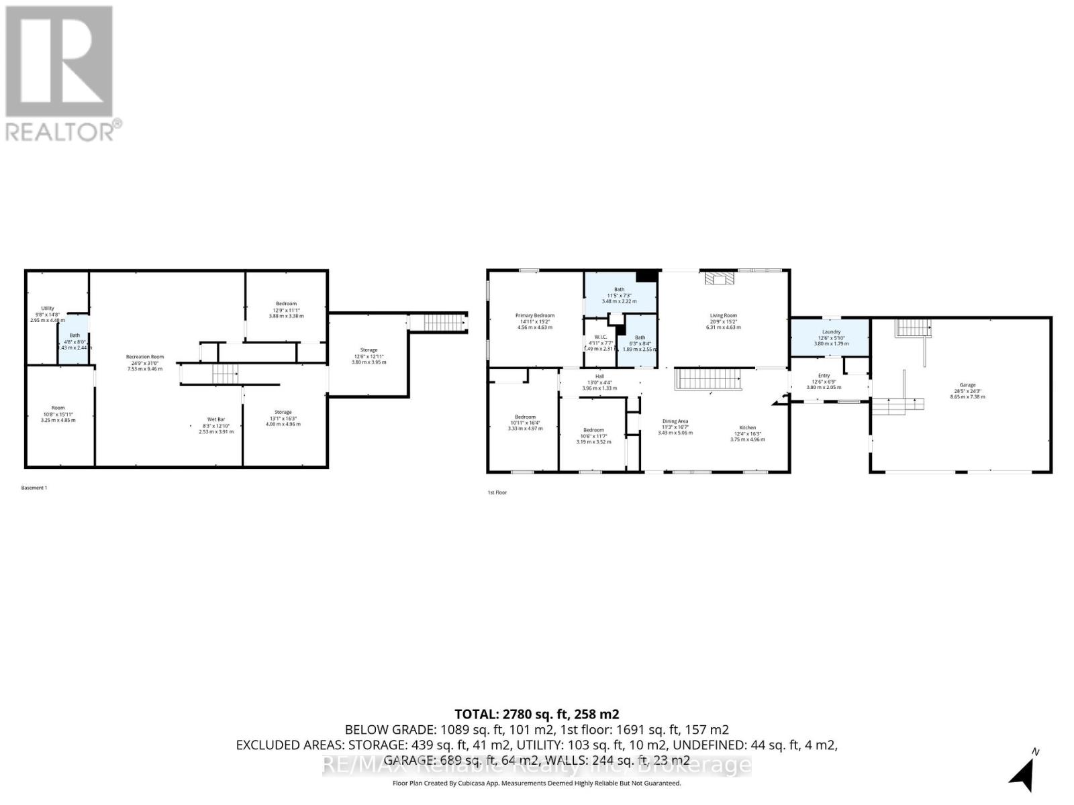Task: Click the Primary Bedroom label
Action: pyautogui.click(x=535, y=315)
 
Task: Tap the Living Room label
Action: pyautogui.click(x=724, y=315)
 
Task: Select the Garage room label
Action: pyautogui.click(x=967, y=385)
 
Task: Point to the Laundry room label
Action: pyautogui.click(x=831, y=332)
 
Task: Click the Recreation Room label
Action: pyautogui.click(x=145, y=357)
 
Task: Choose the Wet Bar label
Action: pyautogui.click(x=216, y=419)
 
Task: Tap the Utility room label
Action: pyautogui.click(x=47, y=309)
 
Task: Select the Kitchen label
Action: pyautogui.click(x=748, y=427)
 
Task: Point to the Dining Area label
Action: pyautogui.click(x=675, y=421)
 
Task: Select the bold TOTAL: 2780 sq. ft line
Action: pyautogui.click(x=536, y=714)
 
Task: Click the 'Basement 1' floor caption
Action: pyautogui.click(x=34, y=488)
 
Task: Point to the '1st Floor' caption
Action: pyautogui.click(x=497, y=492)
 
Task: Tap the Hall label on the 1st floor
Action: pyautogui.click(x=599, y=376)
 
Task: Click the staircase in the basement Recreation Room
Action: pyautogui.click(x=226, y=374)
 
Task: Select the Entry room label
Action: pyautogui.click(x=824, y=376)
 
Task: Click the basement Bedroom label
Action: pyautogui.click(x=286, y=304)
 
